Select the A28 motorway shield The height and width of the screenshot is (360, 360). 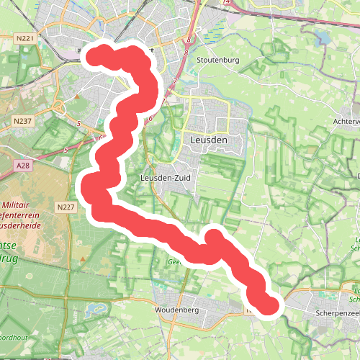pyautogui.click(x=23, y=166)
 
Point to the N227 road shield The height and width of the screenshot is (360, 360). pyautogui.click(x=66, y=207)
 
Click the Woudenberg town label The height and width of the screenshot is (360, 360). pyautogui.click(x=176, y=309)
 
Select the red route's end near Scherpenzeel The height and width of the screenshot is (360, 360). pyautogui.click(x=269, y=305)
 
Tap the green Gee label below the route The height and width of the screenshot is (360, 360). pyautogui.click(x=173, y=263)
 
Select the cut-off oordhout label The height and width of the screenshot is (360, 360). pyautogui.click(x=13, y=337)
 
